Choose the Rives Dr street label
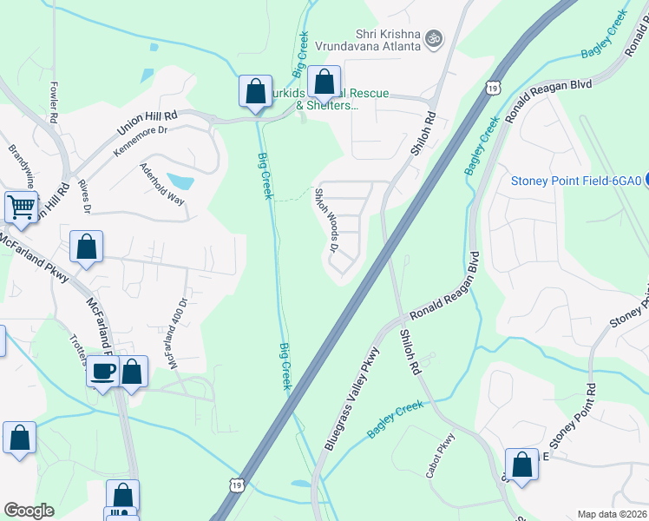pyautogui.click(x=84, y=196)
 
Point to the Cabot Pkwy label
pyautogui.click(x=440, y=455)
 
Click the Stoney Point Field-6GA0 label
pyautogui.click(x=575, y=181)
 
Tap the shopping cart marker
pyautogui.click(x=22, y=208)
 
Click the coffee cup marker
pyautogui.click(x=103, y=373)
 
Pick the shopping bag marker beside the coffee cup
pyautogui.click(x=133, y=373)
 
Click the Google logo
pyautogui.click(x=29, y=511)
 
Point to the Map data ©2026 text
pyautogui.click(x=612, y=514)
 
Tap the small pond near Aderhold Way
pyautogui.click(x=180, y=181)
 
